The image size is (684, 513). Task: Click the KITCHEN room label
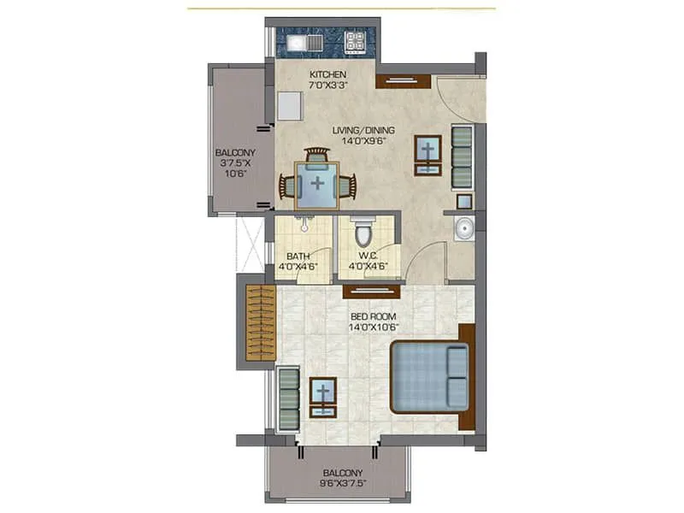pyautogui.click(x=327, y=75)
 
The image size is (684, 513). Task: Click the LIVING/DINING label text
pyautogui.click(x=364, y=130)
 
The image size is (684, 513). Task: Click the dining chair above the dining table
pyautogui.click(x=317, y=155)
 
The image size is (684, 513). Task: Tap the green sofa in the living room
pyautogui.click(x=462, y=156)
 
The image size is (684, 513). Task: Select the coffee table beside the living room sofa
pyautogui.click(x=427, y=155)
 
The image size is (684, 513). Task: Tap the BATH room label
pyautogui.click(x=298, y=256)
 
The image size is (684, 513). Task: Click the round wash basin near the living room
pyautogui.click(x=463, y=229)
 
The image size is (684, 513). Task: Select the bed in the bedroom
pyautogui.click(x=429, y=377)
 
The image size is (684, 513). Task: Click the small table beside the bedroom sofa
pyautogui.click(x=323, y=397)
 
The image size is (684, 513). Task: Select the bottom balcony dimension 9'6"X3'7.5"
pyautogui.click(x=343, y=485)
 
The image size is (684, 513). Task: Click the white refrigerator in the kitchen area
pyautogui.click(x=289, y=105)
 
